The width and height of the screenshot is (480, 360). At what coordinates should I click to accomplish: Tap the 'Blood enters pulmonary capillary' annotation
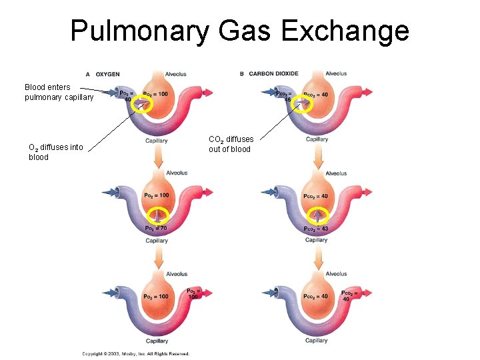pos(59,92)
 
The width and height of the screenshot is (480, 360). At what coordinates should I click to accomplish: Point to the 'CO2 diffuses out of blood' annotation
pos(231,144)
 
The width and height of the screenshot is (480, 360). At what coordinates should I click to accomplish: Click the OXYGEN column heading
pos(107,73)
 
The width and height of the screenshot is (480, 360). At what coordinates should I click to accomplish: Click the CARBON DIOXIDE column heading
pos(273,73)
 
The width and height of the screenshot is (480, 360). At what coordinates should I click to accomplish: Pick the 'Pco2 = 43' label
pos(315,229)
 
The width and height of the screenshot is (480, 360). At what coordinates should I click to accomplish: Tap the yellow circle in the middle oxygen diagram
pos(158,215)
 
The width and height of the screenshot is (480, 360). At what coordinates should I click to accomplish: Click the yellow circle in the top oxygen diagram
pos(142,104)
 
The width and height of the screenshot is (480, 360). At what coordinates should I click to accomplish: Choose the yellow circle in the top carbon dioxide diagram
pos(303,104)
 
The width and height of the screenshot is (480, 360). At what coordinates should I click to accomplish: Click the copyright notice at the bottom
pos(135,354)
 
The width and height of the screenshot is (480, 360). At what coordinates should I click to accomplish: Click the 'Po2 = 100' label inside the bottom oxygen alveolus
pos(156,296)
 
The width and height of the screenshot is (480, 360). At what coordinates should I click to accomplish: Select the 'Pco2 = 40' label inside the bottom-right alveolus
pos(315,296)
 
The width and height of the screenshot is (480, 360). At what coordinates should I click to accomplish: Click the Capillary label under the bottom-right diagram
pos(317,341)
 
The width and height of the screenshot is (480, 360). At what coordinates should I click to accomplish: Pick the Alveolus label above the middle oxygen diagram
pos(177,173)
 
